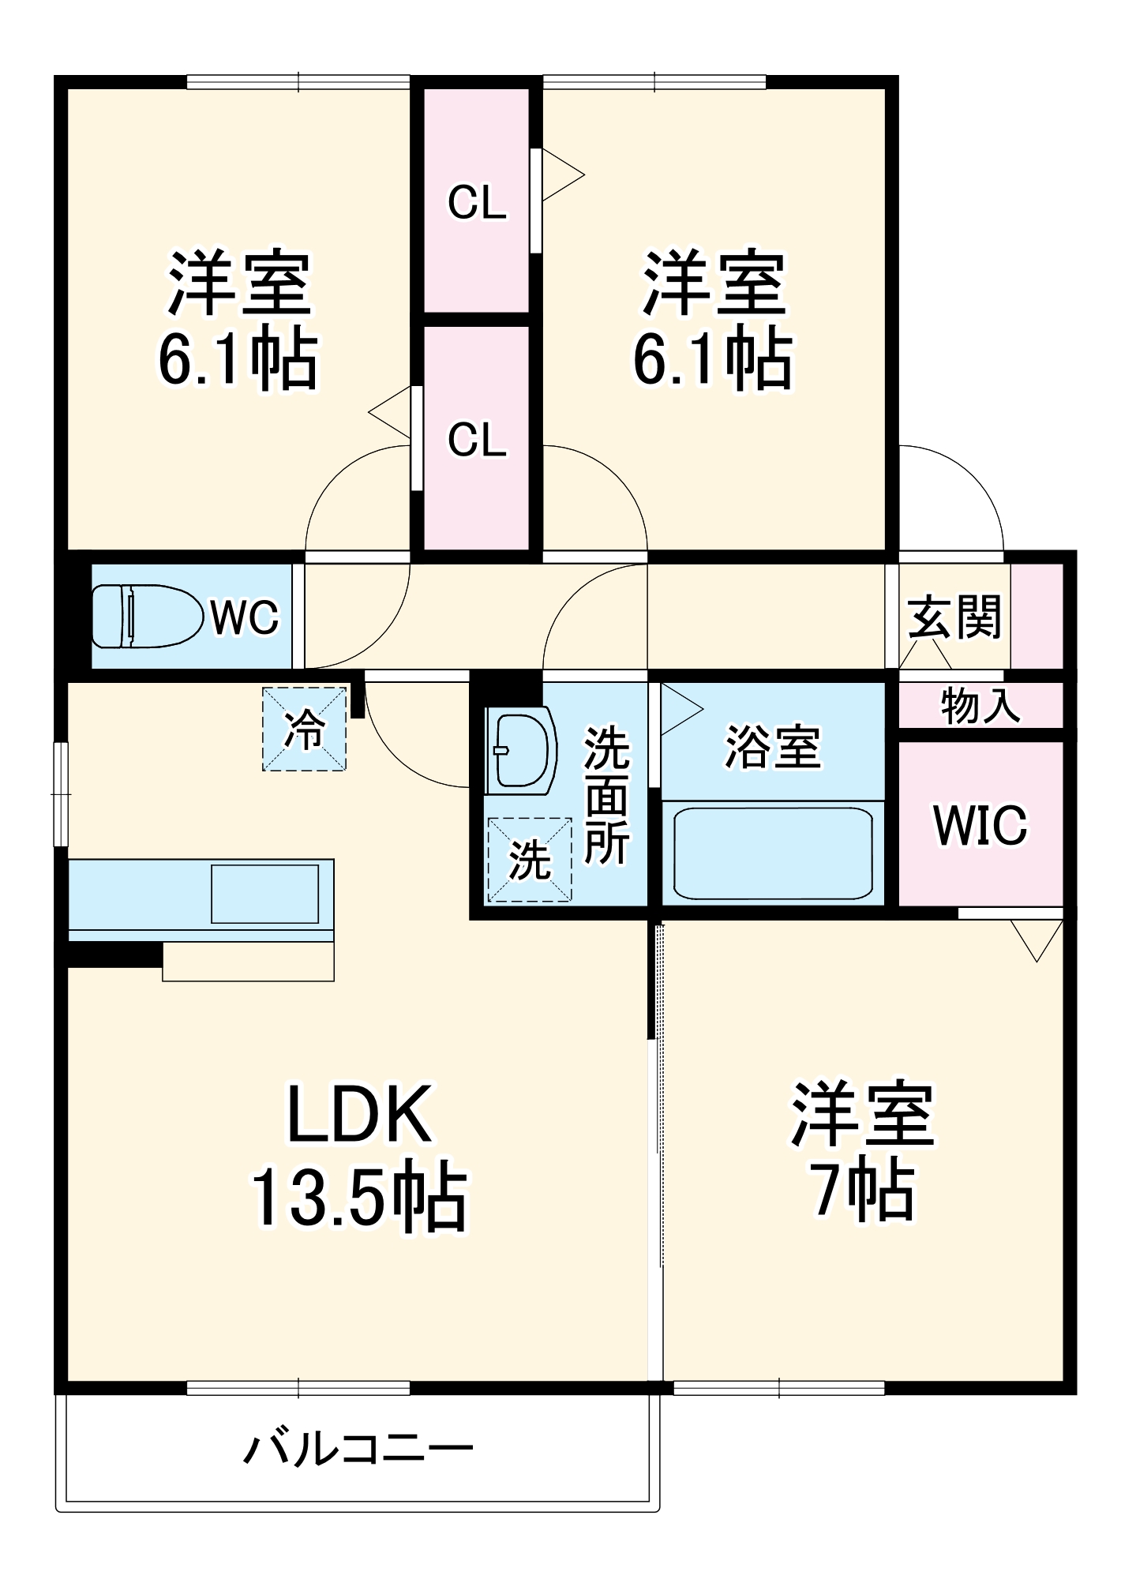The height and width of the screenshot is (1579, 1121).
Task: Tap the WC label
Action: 244,617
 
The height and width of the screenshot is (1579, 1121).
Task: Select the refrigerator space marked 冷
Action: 304,729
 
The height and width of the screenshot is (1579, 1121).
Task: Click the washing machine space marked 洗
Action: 529,859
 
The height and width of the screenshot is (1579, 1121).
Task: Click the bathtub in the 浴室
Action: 773,853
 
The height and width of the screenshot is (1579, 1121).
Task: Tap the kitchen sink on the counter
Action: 265,893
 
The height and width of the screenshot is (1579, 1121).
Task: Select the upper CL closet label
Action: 477,204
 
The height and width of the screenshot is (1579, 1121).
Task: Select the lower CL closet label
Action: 477,440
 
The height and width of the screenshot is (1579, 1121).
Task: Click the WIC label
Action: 980,825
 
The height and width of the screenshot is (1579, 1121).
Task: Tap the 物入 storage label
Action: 980,706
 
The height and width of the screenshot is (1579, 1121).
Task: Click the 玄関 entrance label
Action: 954,617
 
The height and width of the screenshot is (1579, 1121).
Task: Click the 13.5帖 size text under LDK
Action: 359,1195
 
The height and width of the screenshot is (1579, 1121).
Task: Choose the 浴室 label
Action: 773,746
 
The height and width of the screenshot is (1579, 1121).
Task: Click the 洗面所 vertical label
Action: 606,797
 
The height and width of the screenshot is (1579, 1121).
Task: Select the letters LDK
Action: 359,1114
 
